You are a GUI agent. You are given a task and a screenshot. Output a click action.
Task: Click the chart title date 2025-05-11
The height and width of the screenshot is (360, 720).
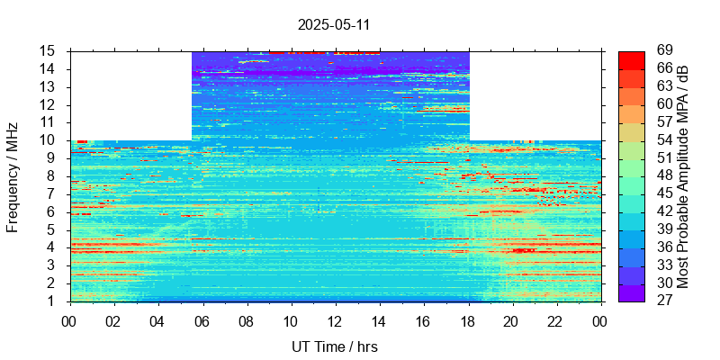coord(334,24)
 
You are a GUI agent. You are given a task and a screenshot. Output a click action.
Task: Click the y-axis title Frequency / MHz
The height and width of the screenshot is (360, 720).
coord(13,176)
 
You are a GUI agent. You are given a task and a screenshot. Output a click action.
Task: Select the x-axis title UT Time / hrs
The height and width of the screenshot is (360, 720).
coord(334,346)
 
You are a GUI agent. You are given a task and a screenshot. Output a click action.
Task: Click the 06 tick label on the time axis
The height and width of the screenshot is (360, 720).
coord(202,321)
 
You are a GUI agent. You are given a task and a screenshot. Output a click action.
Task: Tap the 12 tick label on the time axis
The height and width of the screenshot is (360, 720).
coord(335,321)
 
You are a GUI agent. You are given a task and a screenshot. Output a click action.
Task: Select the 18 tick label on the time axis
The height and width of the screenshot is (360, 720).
coord(467,321)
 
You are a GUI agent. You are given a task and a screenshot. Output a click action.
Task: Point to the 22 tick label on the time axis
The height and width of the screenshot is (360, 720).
coord(555,321)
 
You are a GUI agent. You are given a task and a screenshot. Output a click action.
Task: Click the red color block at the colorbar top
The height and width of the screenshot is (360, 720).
coord(632,59)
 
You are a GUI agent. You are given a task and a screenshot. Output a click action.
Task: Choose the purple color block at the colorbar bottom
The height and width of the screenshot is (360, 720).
coord(632,292)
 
